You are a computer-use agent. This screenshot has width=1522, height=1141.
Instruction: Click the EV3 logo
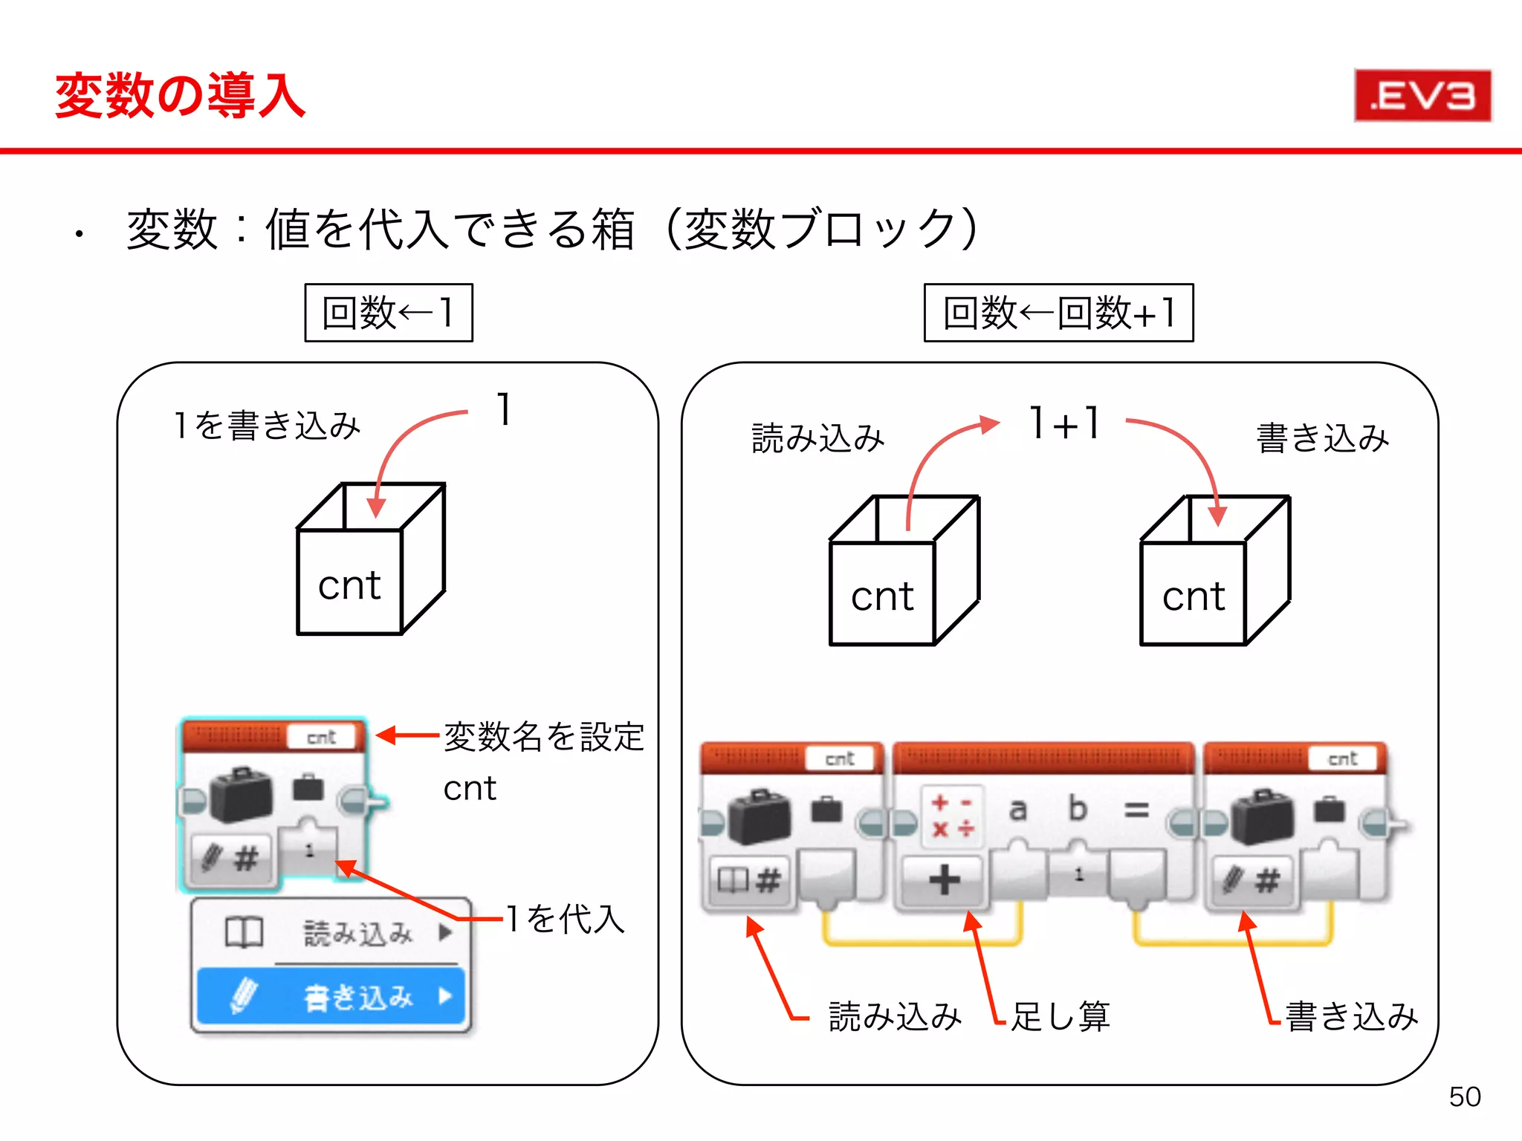(x=1422, y=96)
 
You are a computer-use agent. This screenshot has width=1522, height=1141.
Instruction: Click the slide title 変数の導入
(x=181, y=96)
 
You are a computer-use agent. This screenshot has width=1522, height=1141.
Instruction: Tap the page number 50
(x=1464, y=1096)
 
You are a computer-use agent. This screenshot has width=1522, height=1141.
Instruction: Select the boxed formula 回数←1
(x=389, y=313)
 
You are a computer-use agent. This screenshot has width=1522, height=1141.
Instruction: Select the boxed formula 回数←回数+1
(x=1058, y=313)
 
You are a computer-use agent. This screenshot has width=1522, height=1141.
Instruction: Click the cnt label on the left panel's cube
(x=349, y=585)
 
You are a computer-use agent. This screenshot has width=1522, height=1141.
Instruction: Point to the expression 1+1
(x=1064, y=423)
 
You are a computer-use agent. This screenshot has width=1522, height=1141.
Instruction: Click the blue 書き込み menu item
(x=331, y=997)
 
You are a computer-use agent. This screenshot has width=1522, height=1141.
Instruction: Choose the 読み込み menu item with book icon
(x=331, y=933)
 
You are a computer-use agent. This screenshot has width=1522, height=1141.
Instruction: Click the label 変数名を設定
(x=543, y=737)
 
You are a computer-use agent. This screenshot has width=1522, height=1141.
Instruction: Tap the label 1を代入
(x=565, y=919)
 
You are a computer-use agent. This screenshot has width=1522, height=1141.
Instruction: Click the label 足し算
(x=1060, y=1016)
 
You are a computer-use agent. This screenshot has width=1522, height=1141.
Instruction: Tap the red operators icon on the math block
(x=952, y=816)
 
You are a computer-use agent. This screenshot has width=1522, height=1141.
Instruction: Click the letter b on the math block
(x=1077, y=808)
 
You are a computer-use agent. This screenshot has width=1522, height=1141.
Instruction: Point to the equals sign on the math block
(x=1136, y=810)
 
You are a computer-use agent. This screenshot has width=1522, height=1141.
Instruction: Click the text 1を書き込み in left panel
(x=266, y=426)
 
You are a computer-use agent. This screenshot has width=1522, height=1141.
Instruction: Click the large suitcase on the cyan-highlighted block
(x=242, y=795)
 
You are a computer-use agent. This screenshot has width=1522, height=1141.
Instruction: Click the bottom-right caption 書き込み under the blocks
(x=1351, y=1016)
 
